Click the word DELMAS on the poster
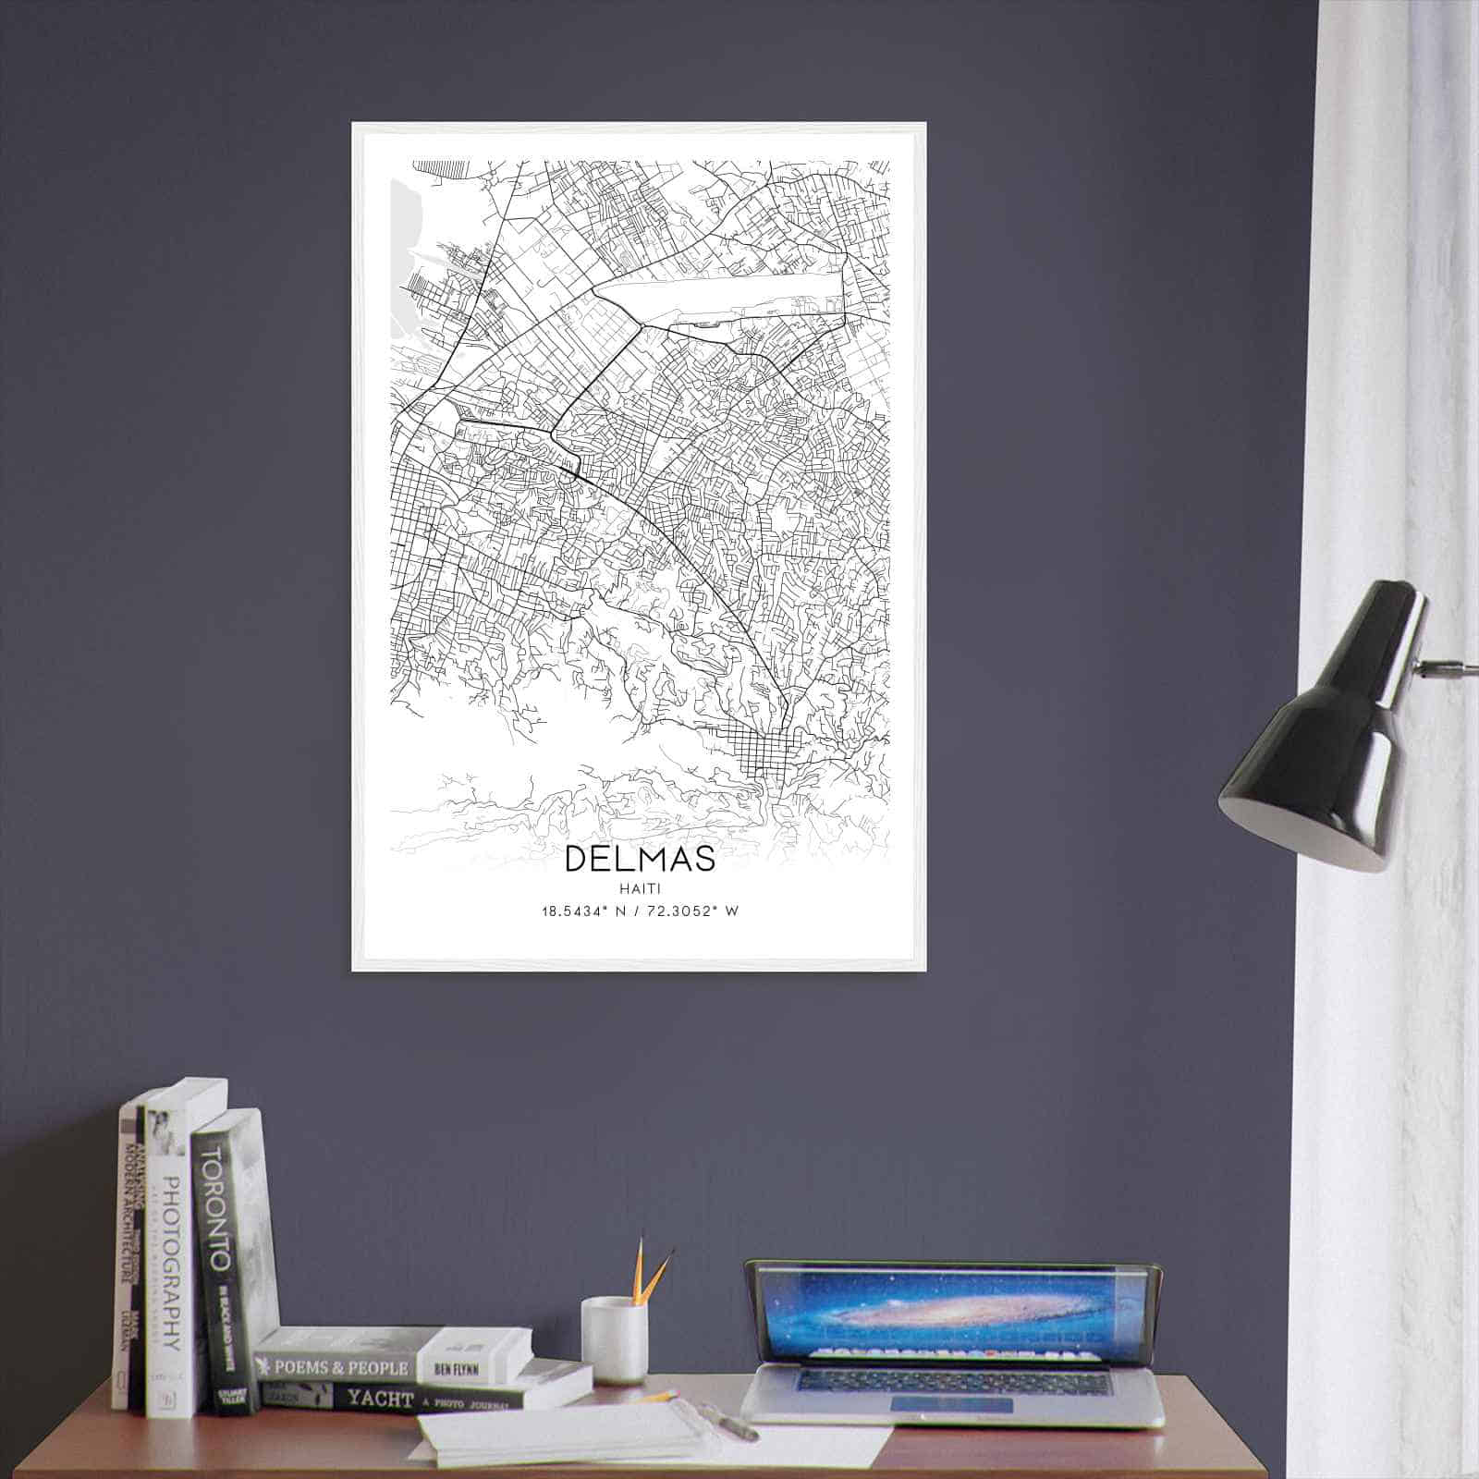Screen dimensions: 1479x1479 point(640,859)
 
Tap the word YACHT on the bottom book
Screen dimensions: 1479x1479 point(379,1400)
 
